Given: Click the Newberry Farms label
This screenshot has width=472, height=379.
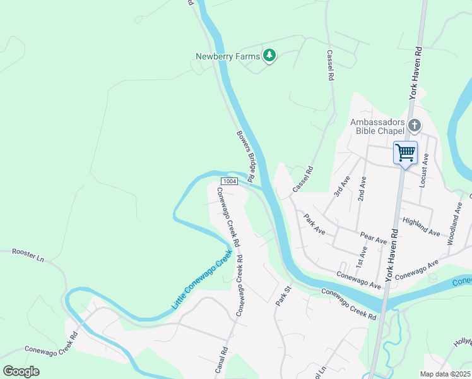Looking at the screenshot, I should (227, 57).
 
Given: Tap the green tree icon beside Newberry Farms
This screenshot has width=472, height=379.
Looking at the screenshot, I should (270, 56).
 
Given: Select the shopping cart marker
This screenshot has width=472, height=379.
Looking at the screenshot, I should (405, 152).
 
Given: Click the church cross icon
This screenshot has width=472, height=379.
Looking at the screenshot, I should (414, 126).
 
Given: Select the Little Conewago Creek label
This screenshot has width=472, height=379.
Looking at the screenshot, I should (202, 279).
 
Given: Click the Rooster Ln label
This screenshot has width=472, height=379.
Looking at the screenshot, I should (28, 255).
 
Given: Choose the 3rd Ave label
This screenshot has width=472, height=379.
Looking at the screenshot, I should (343, 188).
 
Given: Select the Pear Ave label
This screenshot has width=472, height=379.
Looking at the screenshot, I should (373, 238).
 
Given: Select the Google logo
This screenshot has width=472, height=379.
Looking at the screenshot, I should (21, 371).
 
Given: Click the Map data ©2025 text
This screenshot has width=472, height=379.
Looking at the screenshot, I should (445, 374).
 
